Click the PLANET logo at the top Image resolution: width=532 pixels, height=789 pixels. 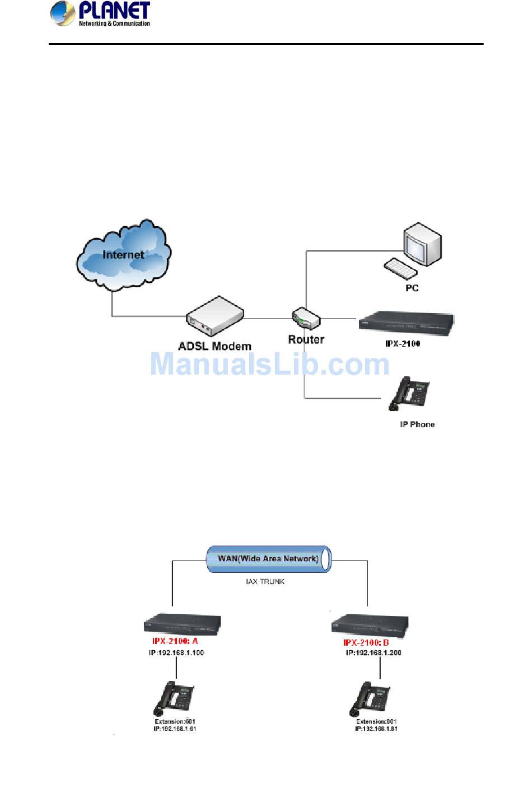pyautogui.click(x=101, y=13)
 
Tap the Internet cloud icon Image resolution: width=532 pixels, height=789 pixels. pyautogui.click(x=123, y=255)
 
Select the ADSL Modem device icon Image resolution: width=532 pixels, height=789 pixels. pyautogui.click(x=214, y=317)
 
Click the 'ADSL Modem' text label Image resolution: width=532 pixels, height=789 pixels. pyautogui.click(x=214, y=346)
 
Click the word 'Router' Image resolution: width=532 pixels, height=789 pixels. pyautogui.click(x=306, y=339)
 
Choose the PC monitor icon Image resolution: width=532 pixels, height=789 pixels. pyautogui.click(x=423, y=244)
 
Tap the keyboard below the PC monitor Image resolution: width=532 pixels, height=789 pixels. pyautogui.click(x=400, y=268)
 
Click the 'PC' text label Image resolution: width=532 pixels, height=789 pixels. pyautogui.click(x=412, y=288)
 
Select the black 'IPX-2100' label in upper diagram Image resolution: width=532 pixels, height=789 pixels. pyautogui.click(x=403, y=343)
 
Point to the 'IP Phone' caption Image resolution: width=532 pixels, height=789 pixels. pyautogui.click(x=417, y=424)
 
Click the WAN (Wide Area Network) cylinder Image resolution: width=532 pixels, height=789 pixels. pyautogui.click(x=269, y=559)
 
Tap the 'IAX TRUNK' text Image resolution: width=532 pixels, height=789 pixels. pyautogui.click(x=265, y=582)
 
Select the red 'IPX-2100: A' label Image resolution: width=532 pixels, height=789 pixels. pyautogui.click(x=175, y=641)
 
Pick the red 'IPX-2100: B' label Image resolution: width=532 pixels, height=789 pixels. pyautogui.click(x=366, y=643)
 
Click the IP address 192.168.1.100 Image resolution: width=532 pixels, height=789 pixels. pyautogui.click(x=176, y=652)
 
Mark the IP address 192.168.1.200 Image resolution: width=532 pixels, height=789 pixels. pyautogui.click(x=373, y=653)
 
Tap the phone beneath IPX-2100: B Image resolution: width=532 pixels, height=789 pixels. pyautogui.click(x=370, y=698)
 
